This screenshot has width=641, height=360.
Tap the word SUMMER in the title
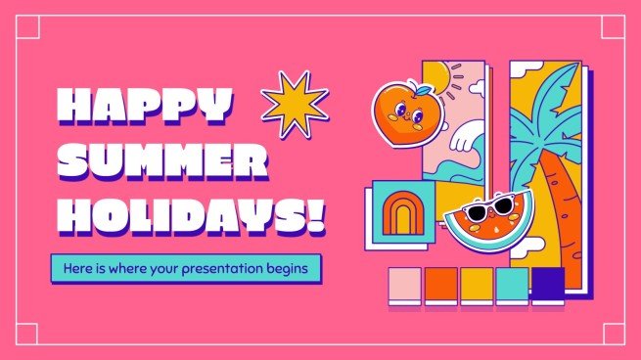click(x=161, y=162)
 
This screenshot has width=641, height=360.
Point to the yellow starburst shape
click(x=294, y=103)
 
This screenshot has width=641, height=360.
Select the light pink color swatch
click(x=403, y=283)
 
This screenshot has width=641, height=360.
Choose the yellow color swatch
click(x=476, y=283)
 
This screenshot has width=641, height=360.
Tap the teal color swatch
click(x=512, y=283)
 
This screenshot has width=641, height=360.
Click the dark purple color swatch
click(x=547, y=283)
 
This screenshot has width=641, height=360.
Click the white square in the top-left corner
click(x=26, y=27)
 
